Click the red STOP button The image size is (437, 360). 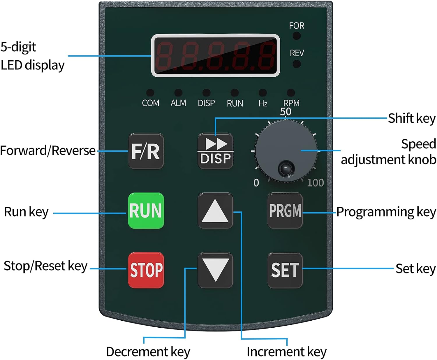pos(146,270)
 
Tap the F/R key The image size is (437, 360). pos(146,151)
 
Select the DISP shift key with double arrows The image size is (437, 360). pos(215,151)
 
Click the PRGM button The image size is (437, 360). pos(285,210)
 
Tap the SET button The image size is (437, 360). pos(285,270)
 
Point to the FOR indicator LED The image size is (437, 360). pos(297,36)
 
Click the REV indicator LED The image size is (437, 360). pos(297,64)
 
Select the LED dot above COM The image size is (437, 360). pos(150,93)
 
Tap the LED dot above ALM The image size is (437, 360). pos(178,93)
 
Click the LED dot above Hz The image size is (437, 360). pos(262,93)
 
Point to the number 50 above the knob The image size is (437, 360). pos(286,112)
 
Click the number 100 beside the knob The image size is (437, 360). pos(315,183)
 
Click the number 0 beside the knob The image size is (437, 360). pos(256,183)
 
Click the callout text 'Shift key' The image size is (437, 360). pos(411,118)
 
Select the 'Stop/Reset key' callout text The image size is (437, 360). pos(45,266)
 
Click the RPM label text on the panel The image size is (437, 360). pos(291,103)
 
